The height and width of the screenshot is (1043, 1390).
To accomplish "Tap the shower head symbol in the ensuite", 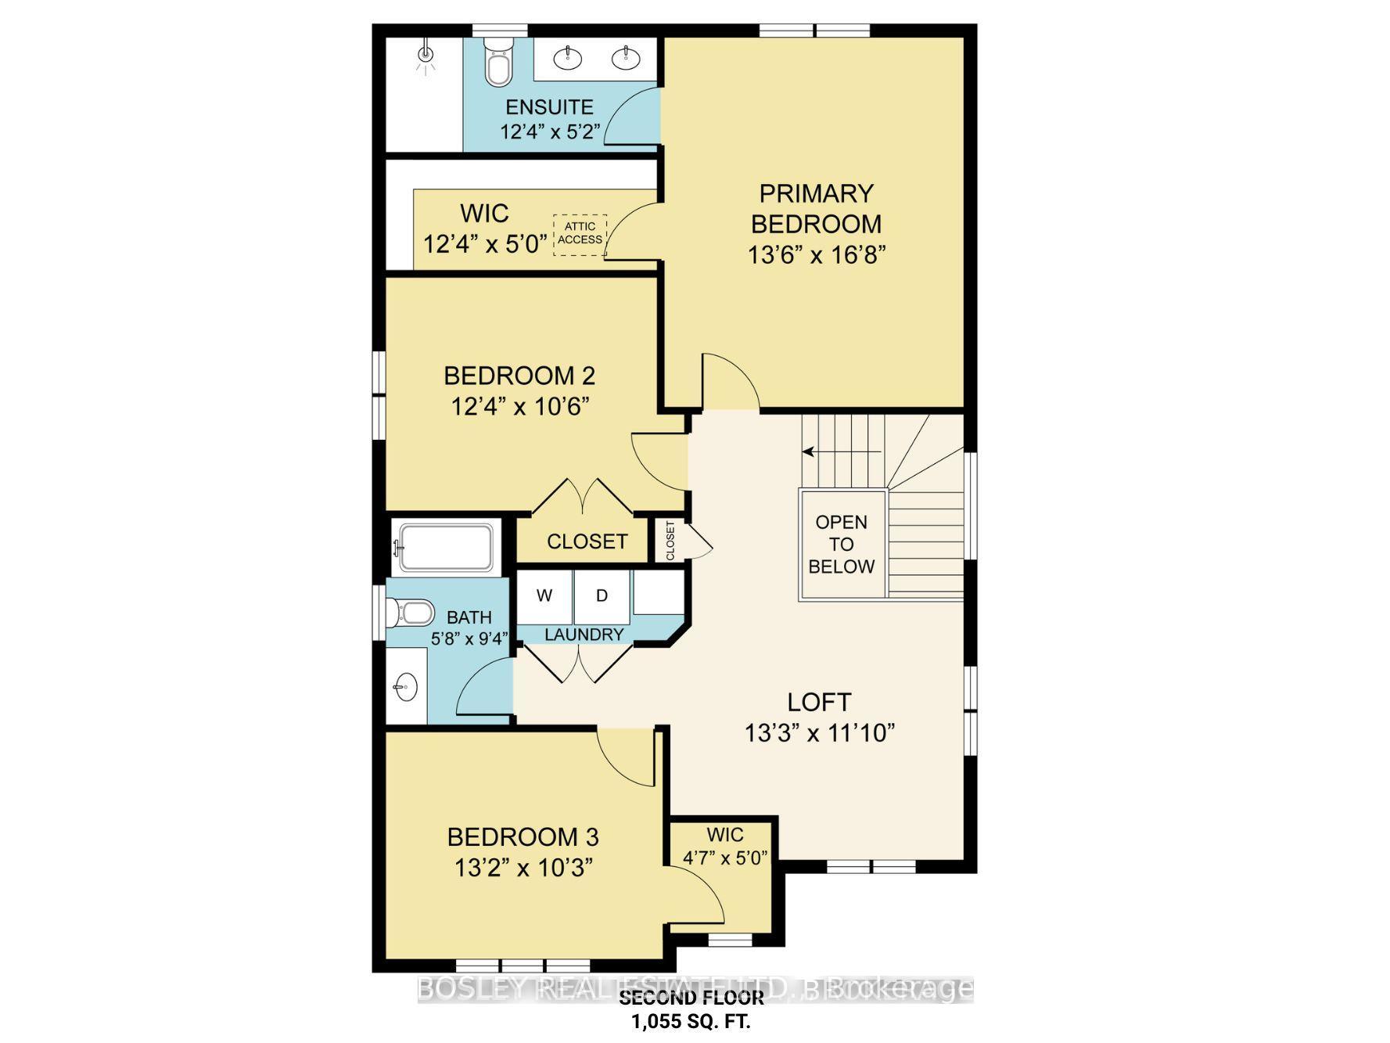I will pos(426,54).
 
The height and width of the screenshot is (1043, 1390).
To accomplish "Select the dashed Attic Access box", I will pos(580,233).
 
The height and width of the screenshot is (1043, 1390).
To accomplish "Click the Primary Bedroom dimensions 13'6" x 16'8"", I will pos(817,255).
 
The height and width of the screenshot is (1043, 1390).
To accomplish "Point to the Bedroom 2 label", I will pos(519,376).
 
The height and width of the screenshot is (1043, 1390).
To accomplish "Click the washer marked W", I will pos(544,595).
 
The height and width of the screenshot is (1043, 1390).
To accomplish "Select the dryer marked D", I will pos(602,595).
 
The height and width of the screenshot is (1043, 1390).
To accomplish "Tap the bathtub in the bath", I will pos(445,547).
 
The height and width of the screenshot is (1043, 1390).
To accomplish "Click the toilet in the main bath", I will pos(411,612).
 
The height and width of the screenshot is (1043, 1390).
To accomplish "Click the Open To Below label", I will pos(842,545).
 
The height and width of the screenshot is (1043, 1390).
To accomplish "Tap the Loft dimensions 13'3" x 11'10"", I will pos(819,733).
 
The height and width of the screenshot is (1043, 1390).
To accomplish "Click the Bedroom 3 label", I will pos(523,837).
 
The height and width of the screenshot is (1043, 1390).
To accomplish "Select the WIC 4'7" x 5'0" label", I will pos(725,846).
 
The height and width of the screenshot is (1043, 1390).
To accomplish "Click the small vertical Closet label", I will pos(670,540).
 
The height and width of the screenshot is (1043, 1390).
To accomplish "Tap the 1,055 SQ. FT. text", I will pos(691,1021).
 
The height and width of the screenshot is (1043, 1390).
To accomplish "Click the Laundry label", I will pos(584,635).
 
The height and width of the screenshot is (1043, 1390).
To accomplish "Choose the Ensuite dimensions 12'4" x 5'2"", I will pos(549,131).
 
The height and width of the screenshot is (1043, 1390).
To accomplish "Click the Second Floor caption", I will pos(691,998).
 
